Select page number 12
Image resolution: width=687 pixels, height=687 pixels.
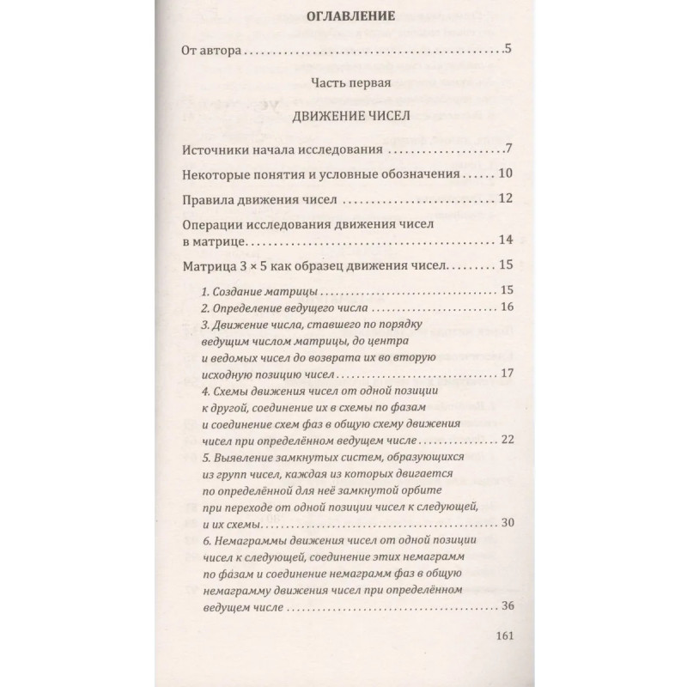pyautogui.click(x=505, y=200)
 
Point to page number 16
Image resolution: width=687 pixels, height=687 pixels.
pyautogui.click(x=506, y=307)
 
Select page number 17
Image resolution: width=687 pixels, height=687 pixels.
pyautogui.click(x=506, y=374)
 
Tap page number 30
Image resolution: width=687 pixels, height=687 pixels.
pyautogui.click(x=506, y=524)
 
